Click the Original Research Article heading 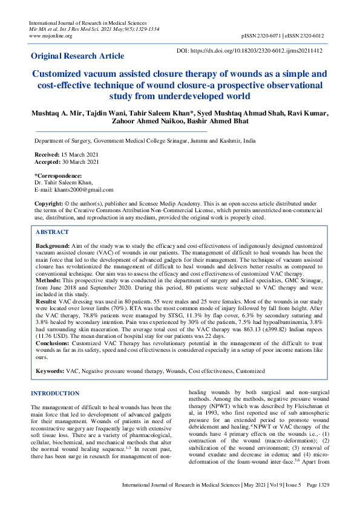[x=78, y=56]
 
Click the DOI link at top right [x=249, y=52]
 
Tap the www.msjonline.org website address [x=51, y=36]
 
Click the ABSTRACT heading [x=52, y=232]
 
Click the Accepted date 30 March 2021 [x=82, y=162]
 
